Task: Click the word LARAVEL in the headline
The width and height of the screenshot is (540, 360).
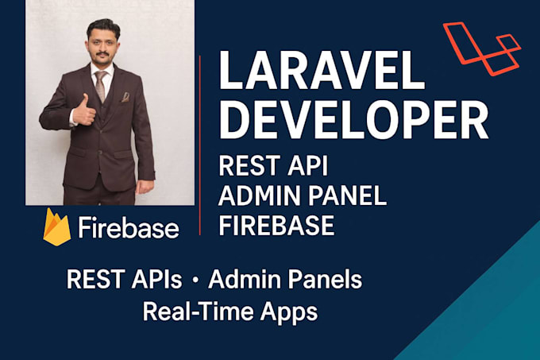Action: pos(322,71)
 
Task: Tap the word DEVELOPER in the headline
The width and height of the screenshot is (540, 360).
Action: pos(353,119)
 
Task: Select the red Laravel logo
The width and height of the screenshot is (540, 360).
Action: pos(482,48)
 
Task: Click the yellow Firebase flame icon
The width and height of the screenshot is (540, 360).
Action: pos(57,227)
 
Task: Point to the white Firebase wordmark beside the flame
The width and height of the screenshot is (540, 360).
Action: pos(129,227)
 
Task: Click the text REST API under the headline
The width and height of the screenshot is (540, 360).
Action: pos(273,166)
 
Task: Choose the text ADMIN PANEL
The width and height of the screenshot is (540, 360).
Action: pos(303,195)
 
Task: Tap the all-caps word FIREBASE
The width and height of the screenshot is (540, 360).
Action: pos(276,226)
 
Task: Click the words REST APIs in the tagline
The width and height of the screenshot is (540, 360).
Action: pos(125,279)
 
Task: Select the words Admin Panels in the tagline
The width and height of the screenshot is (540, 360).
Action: pos(285,279)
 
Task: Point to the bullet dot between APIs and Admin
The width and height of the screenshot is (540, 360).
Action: pos(195,281)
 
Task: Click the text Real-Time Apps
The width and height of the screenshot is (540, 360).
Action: pos(230,312)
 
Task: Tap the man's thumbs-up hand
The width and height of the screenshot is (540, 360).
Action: pos(83,110)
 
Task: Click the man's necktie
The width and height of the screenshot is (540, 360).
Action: pos(101,86)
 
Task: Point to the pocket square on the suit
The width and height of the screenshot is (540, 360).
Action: pos(125,97)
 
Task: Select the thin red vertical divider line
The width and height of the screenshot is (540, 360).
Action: pos(200,145)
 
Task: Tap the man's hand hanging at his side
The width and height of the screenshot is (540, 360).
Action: pos(145,187)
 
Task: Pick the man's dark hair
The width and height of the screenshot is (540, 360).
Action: pos(103,28)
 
